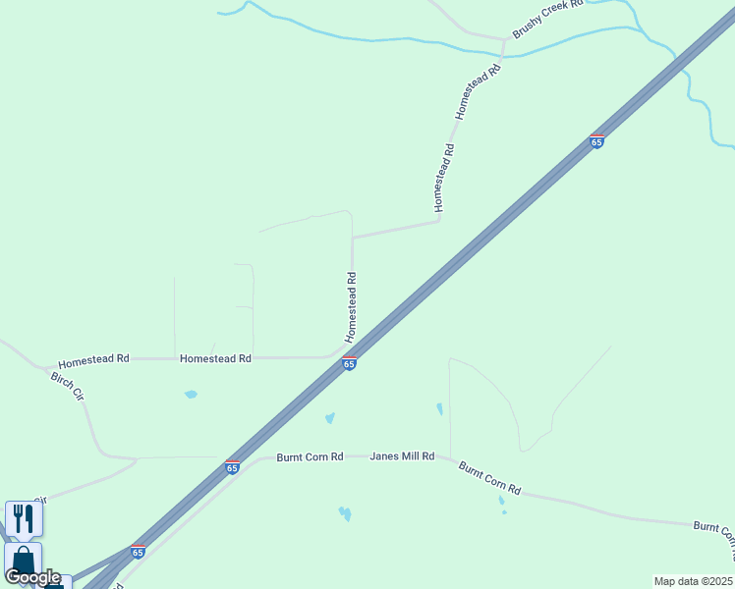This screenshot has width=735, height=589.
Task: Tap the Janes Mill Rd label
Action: (x=402, y=456)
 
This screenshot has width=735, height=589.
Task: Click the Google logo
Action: (x=31, y=577)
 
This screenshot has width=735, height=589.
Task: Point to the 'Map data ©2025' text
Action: (x=694, y=581)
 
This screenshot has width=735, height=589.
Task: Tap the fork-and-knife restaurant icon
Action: (x=24, y=518)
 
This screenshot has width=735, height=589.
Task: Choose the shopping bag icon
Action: (x=23, y=562)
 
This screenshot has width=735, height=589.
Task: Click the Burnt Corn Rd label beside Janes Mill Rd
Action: (x=310, y=456)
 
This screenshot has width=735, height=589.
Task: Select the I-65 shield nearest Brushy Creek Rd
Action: (x=596, y=141)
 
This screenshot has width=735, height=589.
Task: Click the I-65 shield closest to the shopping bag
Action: (x=138, y=552)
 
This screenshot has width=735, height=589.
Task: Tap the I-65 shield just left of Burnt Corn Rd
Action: (x=232, y=467)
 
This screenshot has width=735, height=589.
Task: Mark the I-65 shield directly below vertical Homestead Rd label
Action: (x=349, y=363)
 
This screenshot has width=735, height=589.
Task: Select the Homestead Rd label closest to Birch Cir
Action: (x=93, y=360)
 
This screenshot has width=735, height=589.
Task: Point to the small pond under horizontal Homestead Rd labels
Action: (x=191, y=395)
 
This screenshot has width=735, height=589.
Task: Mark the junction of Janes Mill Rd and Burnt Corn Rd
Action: (x=449, y=457)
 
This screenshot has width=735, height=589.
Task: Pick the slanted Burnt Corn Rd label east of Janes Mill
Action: (x=489, y=477)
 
